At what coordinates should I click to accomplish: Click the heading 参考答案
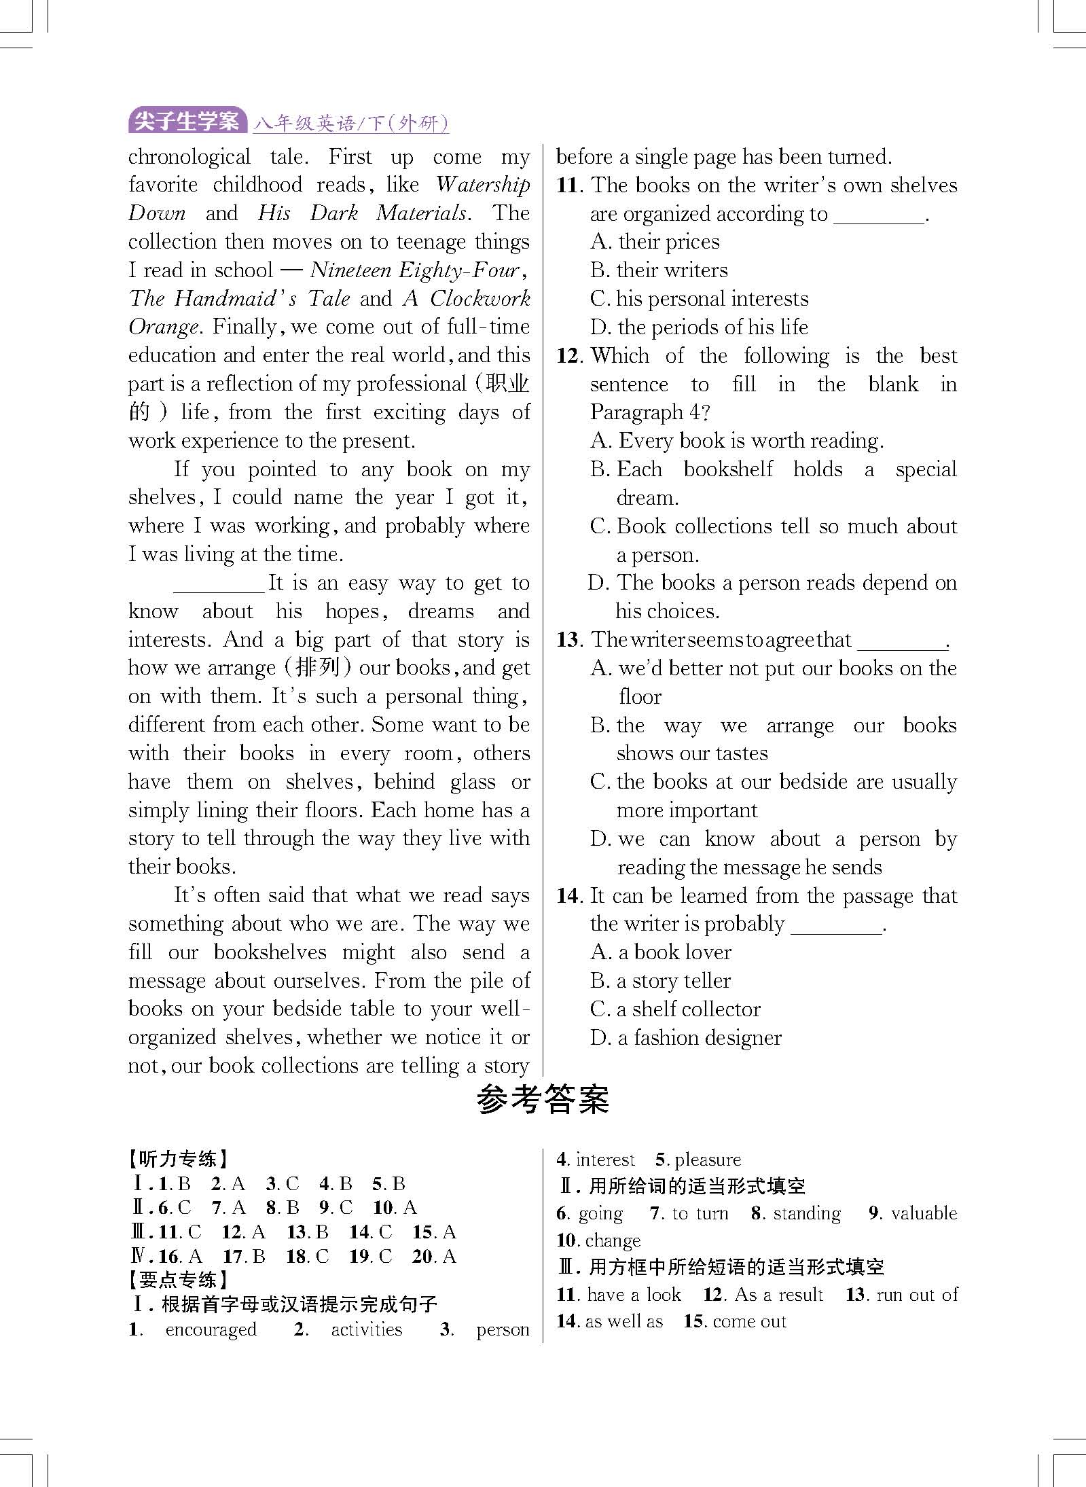pyautogui.click(x=543, y=1099)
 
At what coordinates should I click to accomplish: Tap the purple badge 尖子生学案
pyautogui.click(x=187, y=122)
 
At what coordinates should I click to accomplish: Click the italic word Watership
pyautogui.click(x=483, y=185)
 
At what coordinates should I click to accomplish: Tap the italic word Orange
pyautogui.click(x=163, y=327)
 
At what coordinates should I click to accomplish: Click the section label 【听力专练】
pyautogui.click(x=179, y=1160)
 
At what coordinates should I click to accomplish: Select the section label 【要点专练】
pyautogui.click(x=179, y=1280)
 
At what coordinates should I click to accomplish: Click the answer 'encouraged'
pyautogui.click(x=211, y=1329)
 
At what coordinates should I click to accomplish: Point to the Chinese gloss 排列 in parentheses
pyautogui.click(x=318, y=668)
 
